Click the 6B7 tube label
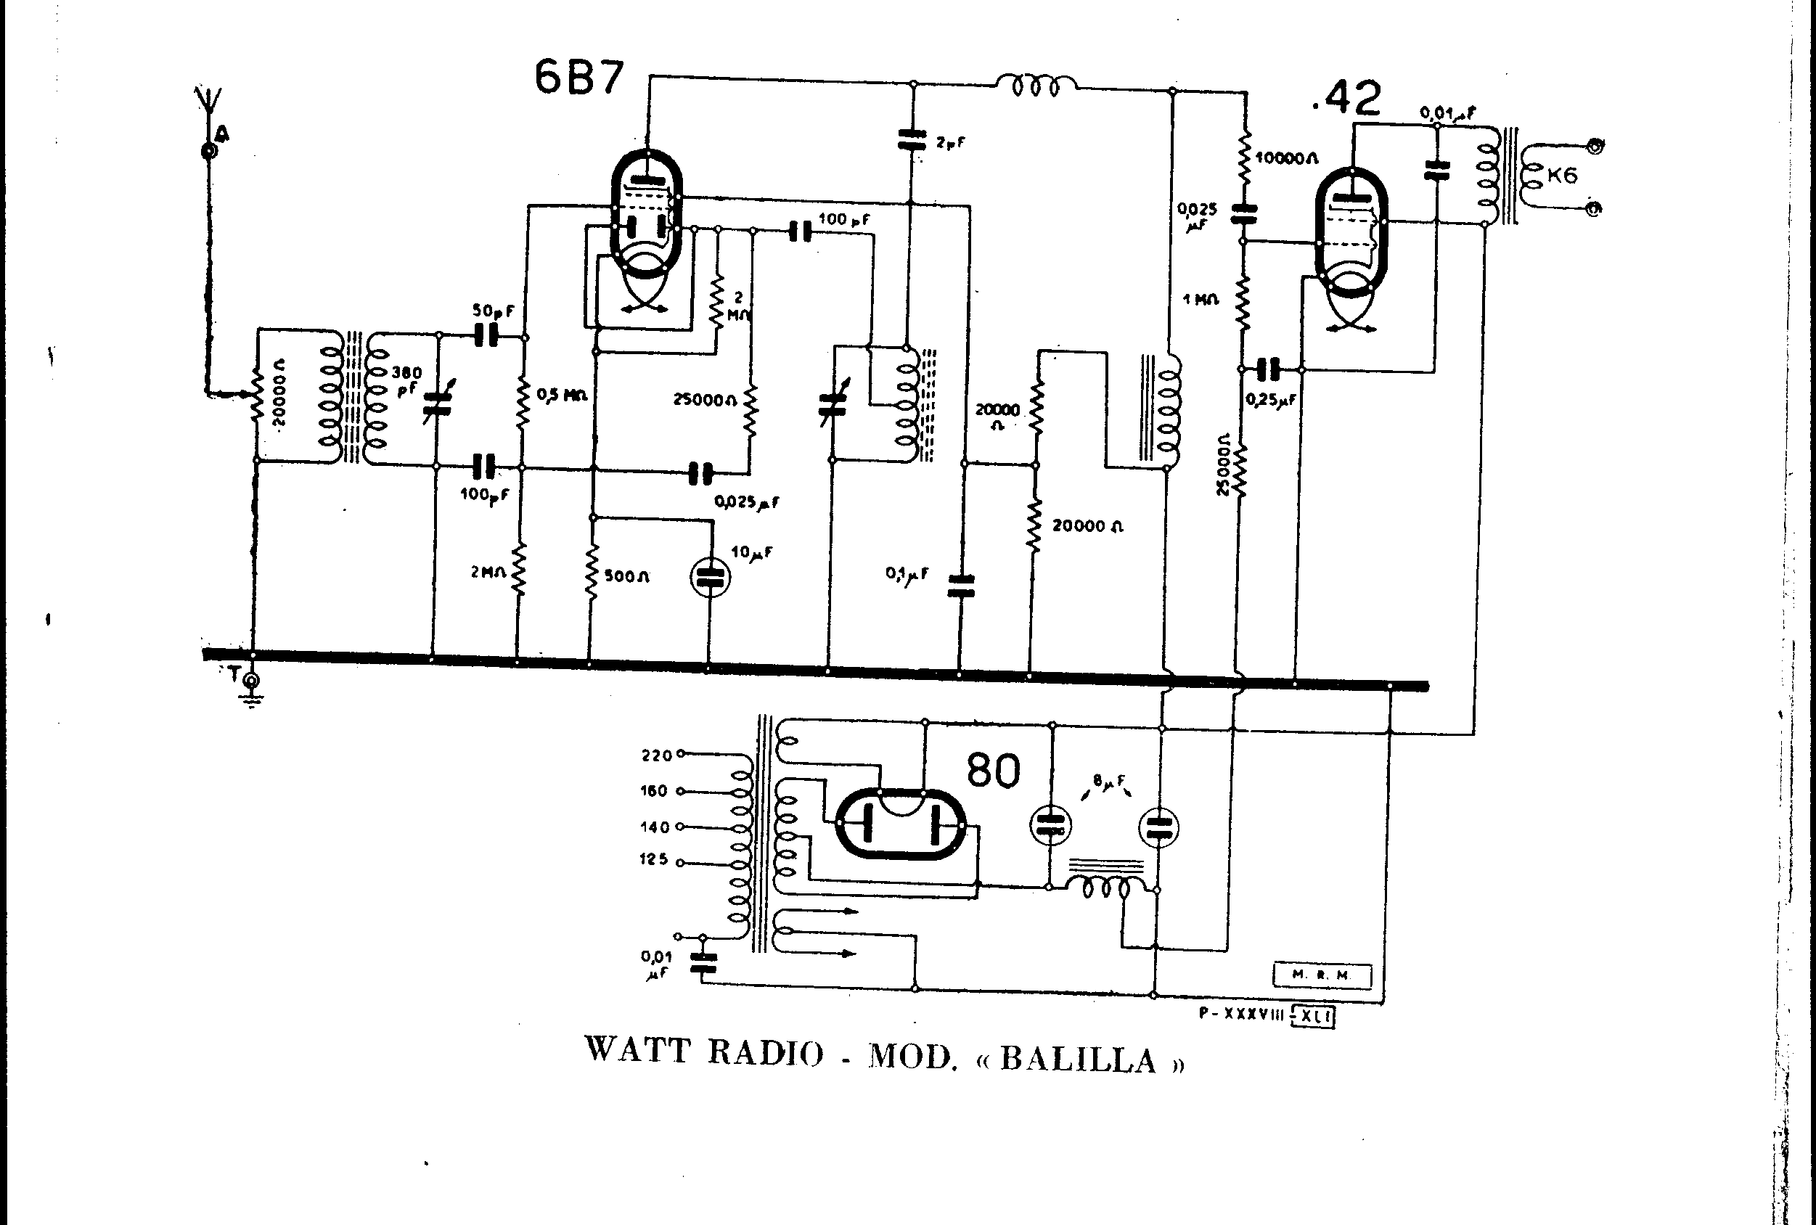click(x=579, y=77)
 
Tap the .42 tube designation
click(x=1346, y=100)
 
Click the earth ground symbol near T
click(x=252, y=694)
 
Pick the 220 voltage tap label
click(x=656, y=755)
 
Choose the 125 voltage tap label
click(x=654, y=860)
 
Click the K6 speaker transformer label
click(x=1562, y=175)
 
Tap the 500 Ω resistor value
click(x=626, y=576)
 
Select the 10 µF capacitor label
click(x=751, y=553)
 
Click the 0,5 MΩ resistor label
click(x=561, y=396)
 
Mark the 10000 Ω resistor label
click(x=1286, y=159)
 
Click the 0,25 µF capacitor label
click(x=1271, y=400)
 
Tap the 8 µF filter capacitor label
click(x=1109, y=779)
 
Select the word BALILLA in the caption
click(x=1079, y=1060)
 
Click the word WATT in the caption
click(x=637, y=1050)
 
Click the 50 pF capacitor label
click(x=493, y=311)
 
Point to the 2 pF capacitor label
click(x=950, y=143)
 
